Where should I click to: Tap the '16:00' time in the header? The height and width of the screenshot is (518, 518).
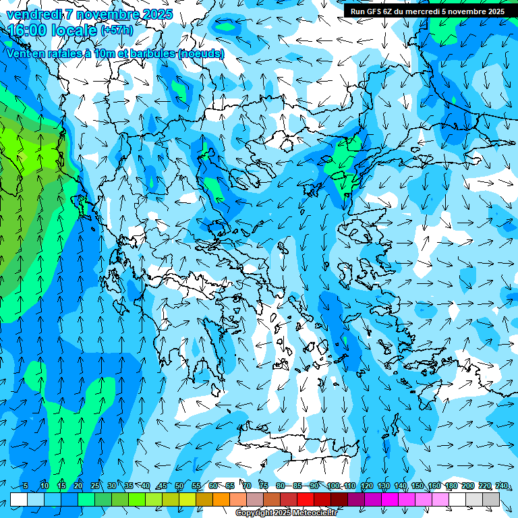click(26, 30)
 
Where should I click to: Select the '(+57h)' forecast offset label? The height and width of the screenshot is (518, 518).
click(117, 30)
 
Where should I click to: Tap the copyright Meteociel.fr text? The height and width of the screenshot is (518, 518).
click(286, 513)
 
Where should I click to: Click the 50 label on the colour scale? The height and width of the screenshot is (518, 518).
click(179, 486)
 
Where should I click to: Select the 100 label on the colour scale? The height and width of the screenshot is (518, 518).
click(333, 486)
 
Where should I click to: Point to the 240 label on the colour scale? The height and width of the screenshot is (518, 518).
click(501, 486)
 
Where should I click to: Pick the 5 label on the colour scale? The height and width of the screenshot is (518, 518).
click(26, 486)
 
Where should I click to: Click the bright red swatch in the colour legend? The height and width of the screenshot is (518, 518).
click(306, 499)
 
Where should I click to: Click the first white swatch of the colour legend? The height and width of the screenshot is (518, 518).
click(19, 499)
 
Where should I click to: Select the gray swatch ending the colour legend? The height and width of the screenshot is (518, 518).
click(491, 499)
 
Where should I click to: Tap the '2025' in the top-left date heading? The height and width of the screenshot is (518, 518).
click(156, 14)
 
